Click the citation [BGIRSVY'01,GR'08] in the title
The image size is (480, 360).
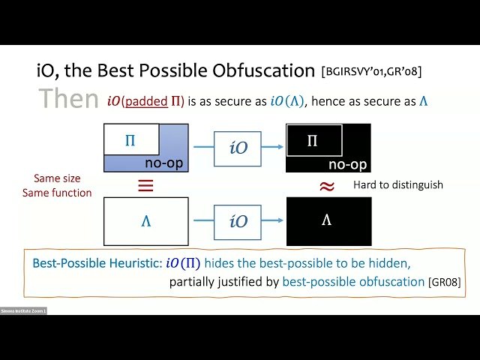[370, 72]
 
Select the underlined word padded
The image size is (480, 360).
[146, 100]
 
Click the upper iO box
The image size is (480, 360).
[238, 148]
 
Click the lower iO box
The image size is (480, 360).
[238, 220]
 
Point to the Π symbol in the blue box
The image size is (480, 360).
[130, 140]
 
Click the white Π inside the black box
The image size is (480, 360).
[313, 140]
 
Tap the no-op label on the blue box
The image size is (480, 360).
[164, 163]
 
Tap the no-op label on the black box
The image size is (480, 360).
[348, 163]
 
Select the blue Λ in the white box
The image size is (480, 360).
[145, 220]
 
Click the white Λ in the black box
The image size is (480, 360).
[328, 220]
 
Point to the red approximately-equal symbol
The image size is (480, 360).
[326, 186]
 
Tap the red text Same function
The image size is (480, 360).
[62, 193]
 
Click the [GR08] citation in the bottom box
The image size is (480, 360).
[445, 283]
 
